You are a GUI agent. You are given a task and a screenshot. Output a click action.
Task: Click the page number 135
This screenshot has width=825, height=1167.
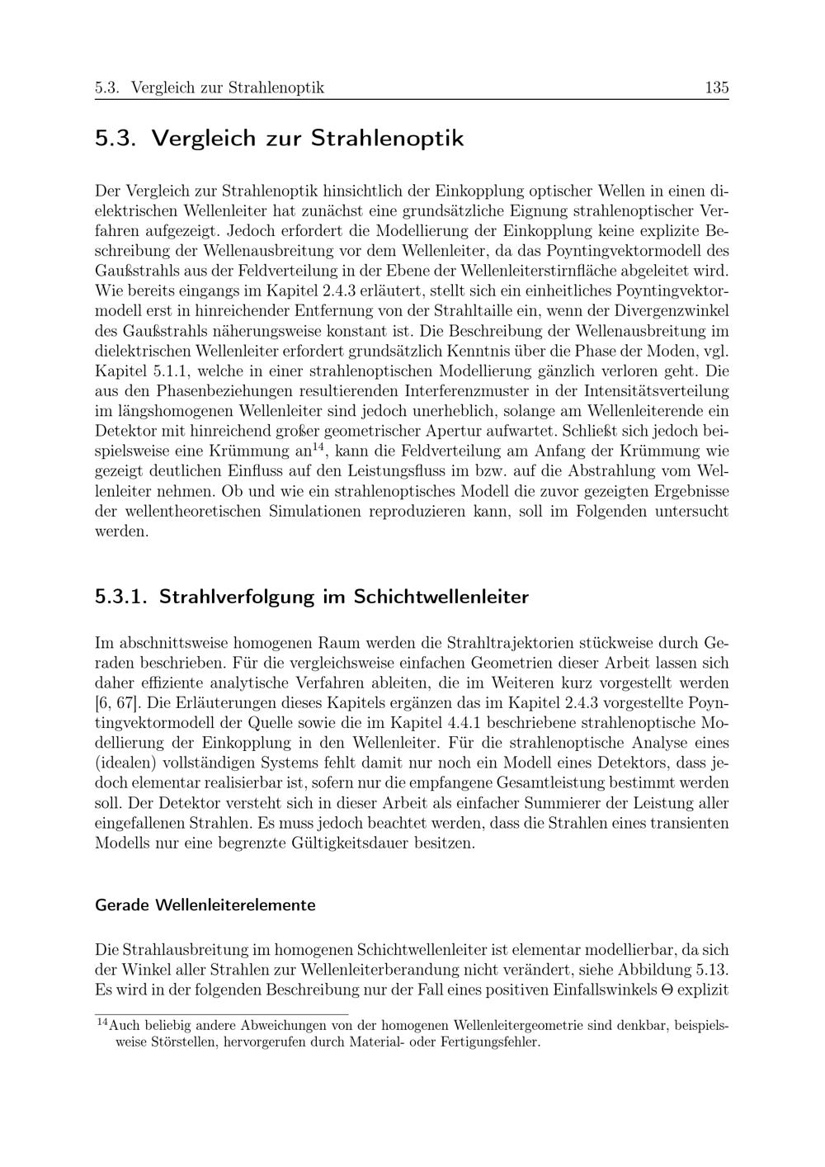(x=716, y=88)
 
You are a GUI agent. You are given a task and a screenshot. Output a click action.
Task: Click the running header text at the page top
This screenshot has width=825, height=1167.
(x=210, y=88)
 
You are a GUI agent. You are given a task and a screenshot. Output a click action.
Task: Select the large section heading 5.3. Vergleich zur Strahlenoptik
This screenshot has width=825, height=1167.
(x=280, y=138)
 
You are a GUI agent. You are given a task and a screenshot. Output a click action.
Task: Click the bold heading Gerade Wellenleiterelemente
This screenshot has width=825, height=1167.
(x=205, y=905)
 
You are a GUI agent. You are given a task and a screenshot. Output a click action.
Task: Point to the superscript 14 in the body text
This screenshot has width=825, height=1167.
(x=321, y=448)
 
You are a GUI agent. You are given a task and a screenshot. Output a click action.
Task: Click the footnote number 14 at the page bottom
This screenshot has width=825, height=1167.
(x=102, y=1023)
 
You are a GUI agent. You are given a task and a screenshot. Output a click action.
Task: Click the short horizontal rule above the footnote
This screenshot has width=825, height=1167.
(x=222, y=1013)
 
